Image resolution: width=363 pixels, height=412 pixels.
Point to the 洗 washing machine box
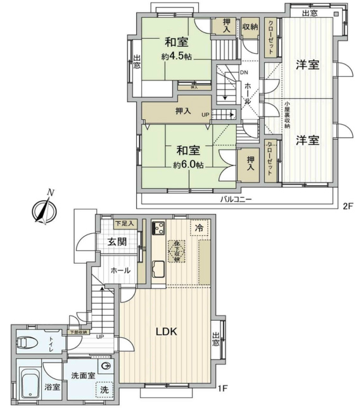105,390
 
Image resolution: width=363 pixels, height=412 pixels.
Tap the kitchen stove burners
158,228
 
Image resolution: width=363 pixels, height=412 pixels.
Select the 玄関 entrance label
117,241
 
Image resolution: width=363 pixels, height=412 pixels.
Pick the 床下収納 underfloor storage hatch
176,250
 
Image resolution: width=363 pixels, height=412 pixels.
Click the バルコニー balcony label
236,198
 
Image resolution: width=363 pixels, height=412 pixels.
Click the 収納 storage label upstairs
250,27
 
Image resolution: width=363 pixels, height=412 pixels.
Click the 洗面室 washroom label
83,375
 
